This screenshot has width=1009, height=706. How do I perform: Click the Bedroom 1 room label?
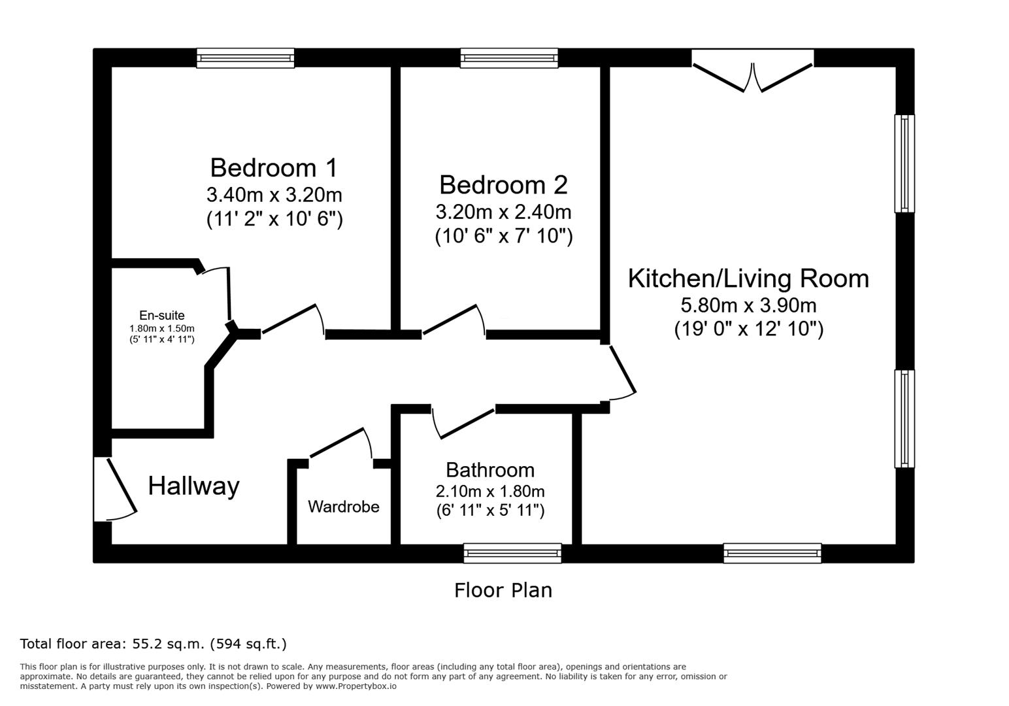click(x=274, y=167)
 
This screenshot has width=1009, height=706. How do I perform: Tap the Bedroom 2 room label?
click(x=503, y=185)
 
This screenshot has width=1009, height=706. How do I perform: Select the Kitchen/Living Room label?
click(x=748, y=279)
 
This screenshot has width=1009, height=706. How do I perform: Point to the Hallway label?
click(x=193, y=486)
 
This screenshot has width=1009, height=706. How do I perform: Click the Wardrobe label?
click(x=344, y=507)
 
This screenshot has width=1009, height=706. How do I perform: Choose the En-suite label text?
click(x=161, y=315)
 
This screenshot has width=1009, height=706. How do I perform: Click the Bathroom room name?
click(x=490, y=471)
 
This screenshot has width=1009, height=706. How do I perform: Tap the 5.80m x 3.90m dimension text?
click(x=748, y=305)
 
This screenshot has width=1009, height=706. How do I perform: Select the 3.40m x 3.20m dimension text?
click(x=274, y=195)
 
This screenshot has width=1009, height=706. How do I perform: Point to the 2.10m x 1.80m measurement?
click(x=490, y=491)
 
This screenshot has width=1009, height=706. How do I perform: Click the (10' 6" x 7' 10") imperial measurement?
click(x=504, y=236)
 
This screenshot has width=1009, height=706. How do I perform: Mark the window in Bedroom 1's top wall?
click(x=246, y=58)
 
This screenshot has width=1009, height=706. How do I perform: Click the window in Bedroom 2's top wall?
click(x=509, y=58)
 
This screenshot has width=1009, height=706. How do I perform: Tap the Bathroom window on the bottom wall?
click(x=512, y=553)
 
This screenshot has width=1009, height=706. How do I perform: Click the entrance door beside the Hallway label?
click(x=115, y=490)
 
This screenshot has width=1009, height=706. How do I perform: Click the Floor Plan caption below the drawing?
click(x=503, y=590)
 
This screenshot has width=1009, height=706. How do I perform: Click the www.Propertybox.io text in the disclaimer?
click(x=356, y=686)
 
